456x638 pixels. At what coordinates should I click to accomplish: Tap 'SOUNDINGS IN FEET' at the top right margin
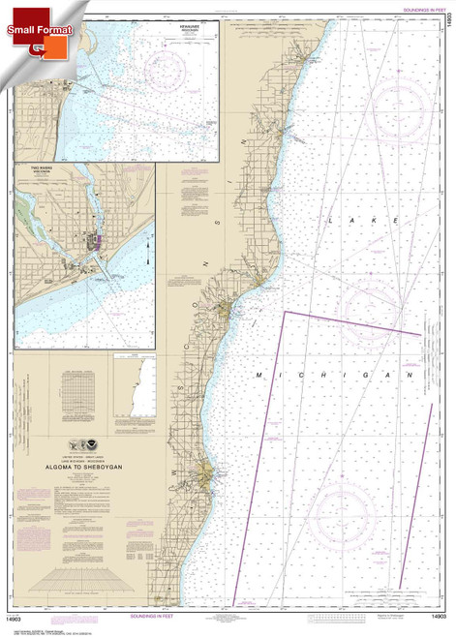click(417, 9)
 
